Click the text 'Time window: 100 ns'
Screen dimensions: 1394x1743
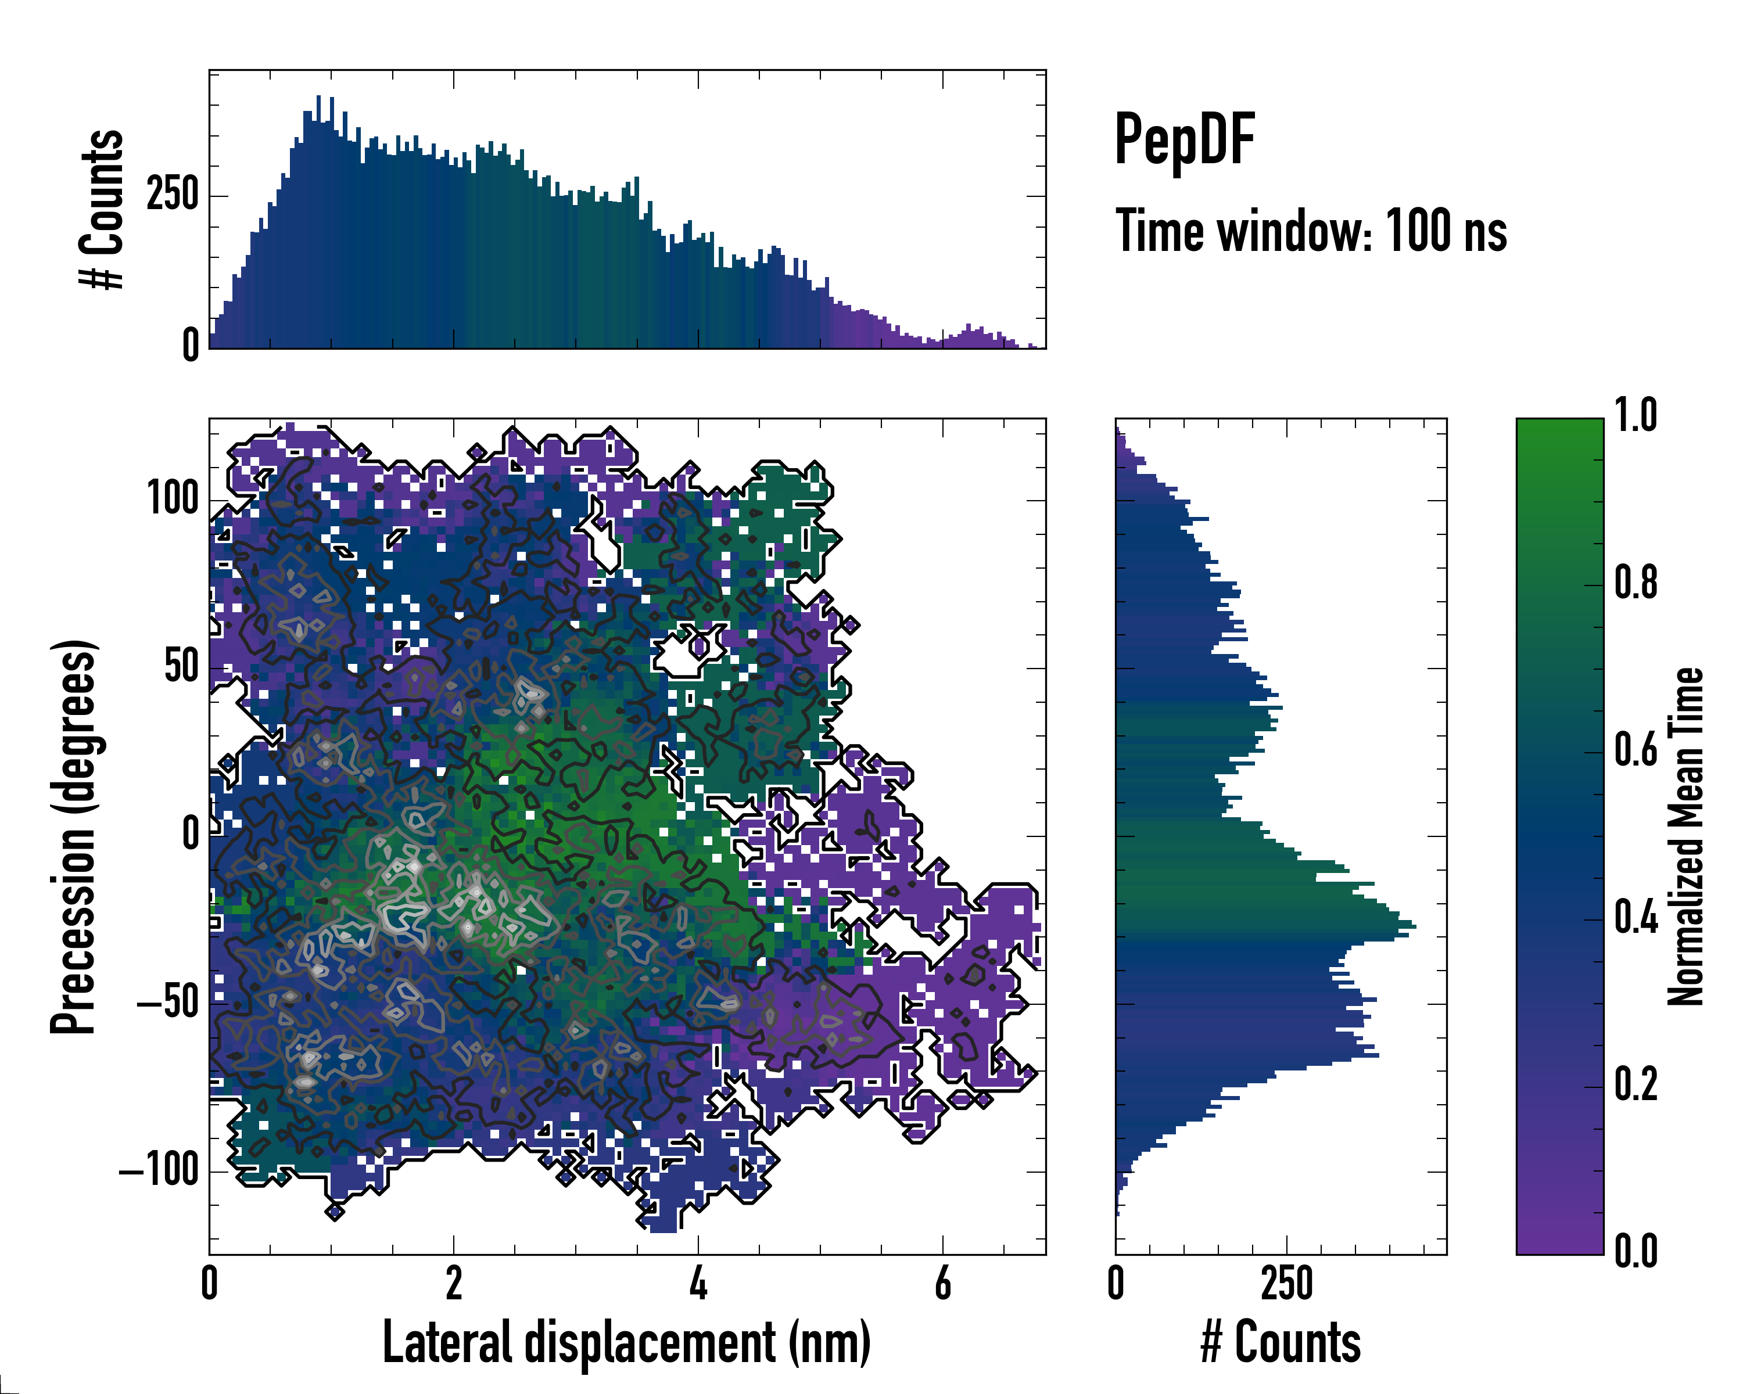point(1311,231)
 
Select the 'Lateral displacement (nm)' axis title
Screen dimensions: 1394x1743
point(626,1342)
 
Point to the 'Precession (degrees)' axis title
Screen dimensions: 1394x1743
point(74,836)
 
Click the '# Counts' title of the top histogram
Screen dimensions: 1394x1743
point(102,209)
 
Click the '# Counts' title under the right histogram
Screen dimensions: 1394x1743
point(1281,1342)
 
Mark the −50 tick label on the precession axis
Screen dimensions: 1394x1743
point(168,1003)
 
